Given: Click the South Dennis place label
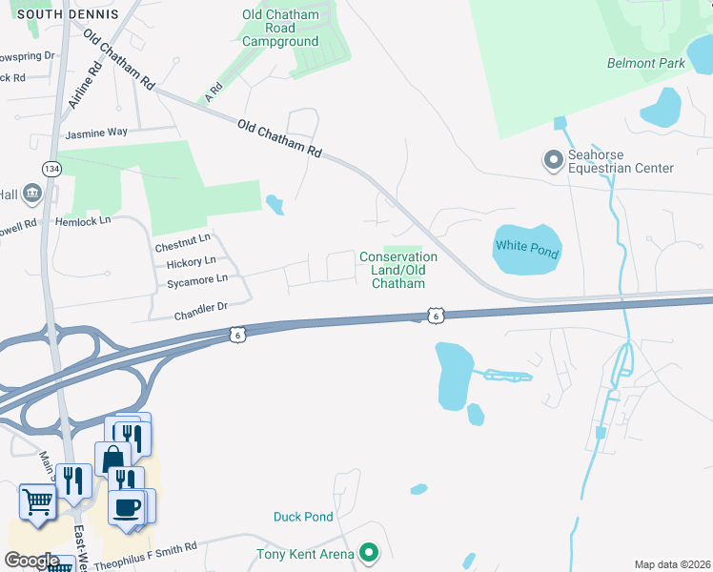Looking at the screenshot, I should pyautogui.click(x=69, y=14).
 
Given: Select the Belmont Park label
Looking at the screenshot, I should pyautogui.click(x=645, y=64).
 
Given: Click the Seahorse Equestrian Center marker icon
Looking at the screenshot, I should pyautogui.click(x=552, y=160).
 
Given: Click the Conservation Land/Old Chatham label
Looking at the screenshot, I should pyautogui.click(x=398, y=270).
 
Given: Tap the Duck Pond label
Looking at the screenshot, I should pyautogui.click(x=303, y=517).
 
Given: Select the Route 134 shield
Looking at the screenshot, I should pyautogui.click(x=51, y=168).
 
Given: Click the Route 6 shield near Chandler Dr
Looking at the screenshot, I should pyautogui.click(x=237, y=334).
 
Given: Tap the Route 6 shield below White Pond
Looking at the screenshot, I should pyautogui.click(x=435, y=315).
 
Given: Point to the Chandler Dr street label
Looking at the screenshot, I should pyautogui.click(x=200, y=307).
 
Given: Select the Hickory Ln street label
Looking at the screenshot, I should pyautogui.click(x=191, y=262).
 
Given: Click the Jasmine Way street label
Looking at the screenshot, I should pyautogui.click(x=96, y=133).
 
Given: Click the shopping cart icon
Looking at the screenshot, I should pyautogui.click(x=37, y=500).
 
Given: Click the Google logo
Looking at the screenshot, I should pyautogui.click(x=31, y=561).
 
